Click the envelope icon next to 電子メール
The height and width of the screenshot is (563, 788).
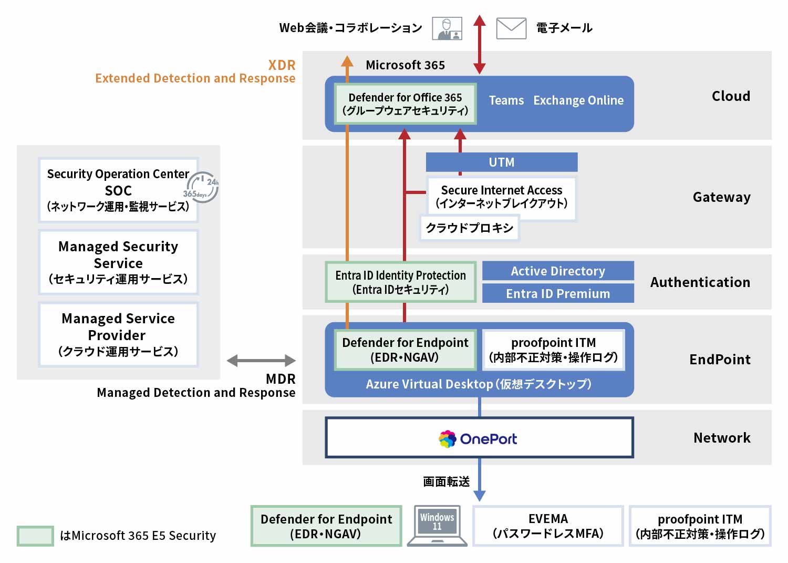click(x=511, y=28)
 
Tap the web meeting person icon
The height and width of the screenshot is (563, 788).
click(x=447, y=28)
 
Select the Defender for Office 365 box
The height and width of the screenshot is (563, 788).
click(x=405, y=104)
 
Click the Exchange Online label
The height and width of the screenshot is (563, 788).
click(x=578, y=100)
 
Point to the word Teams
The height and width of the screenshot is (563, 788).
click(x=506, y=100)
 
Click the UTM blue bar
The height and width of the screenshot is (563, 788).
click(x=501, y=162)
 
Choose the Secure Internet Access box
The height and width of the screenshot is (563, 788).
click(x=501, y=197)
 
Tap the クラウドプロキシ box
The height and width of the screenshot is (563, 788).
click(x=469, y=228)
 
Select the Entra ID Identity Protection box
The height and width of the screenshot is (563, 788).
click(x=400, y=282)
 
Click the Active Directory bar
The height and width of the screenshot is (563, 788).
click(x=558, y=271)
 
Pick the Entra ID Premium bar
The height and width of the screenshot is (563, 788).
click(x=558, y=294)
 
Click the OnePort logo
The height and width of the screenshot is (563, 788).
click(x=478, y=439)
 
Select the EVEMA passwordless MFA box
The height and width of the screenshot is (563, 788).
click(x=548, y=526)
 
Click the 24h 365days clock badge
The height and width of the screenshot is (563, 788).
click(x=202, y=187)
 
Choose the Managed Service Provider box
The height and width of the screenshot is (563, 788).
click(x=118, y=335)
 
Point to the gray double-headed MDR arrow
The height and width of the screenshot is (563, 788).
click(x=261, y=361)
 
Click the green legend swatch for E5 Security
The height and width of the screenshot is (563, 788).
click(x=35, y=536)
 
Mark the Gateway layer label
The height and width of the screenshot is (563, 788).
click(x=721, y=197)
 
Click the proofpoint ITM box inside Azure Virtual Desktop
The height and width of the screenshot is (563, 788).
click(x=553, y=350)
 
